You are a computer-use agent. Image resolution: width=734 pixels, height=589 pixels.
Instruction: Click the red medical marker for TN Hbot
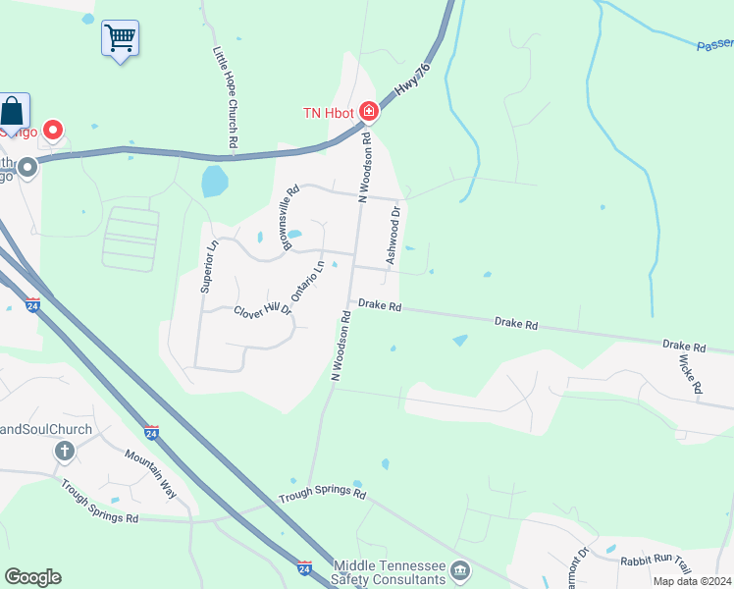(369, 112)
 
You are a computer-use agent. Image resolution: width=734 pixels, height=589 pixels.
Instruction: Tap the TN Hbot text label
(327, 112)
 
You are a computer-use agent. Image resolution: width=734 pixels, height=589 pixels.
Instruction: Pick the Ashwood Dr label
(393, 235)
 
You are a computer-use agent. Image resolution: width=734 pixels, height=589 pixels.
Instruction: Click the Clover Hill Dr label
(262, 309)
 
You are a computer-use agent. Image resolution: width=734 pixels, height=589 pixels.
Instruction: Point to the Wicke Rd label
(690, 375)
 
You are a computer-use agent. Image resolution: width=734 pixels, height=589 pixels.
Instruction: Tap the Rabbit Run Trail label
(655, 562)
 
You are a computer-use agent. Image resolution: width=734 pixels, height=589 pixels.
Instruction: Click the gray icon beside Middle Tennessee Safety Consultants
(459, 568)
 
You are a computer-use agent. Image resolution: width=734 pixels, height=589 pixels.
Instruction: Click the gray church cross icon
(65, 452)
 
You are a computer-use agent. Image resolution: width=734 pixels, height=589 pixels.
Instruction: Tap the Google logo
(32, 577)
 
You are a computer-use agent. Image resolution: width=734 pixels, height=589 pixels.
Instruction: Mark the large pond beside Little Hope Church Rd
(213, 181)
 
